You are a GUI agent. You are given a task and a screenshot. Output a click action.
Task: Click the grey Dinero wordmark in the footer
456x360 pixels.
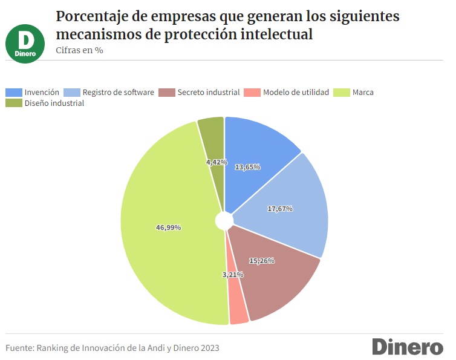click(x=407, y=347)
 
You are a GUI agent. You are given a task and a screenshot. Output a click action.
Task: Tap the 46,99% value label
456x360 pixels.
click(x=169, y=227)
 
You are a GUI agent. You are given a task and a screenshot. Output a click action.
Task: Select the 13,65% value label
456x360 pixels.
click(x=247, y=166)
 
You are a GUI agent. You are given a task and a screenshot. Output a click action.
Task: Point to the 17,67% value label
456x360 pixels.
click(x=279, y=209)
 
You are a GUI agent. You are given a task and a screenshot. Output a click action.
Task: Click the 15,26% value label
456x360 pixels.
click(x=262, y=261)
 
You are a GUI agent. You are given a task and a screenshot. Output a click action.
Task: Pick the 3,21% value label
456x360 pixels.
click(x=232, y=275)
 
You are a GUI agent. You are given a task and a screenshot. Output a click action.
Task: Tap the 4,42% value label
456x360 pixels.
click(x=216, y=162)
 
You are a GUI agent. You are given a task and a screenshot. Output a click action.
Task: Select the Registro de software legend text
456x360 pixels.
click(x=118, y=93)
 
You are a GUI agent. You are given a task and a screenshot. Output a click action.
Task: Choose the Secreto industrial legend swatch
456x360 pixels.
click(x=166, y=93)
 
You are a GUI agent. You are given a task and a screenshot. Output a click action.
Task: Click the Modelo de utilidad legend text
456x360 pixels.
click(x=296, y=93)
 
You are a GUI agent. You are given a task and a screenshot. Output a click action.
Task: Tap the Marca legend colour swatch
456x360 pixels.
click(x=342, y=93)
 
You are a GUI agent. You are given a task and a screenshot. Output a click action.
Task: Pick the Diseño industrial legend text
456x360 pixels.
click(x=54, y=103)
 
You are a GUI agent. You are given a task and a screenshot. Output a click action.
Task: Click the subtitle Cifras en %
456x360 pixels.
click(x=79, y=50)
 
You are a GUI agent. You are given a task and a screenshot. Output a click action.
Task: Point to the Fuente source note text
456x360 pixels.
click(x=112, y=348)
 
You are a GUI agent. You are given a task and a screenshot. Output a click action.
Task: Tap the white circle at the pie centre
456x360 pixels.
click(x=224, y=221)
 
